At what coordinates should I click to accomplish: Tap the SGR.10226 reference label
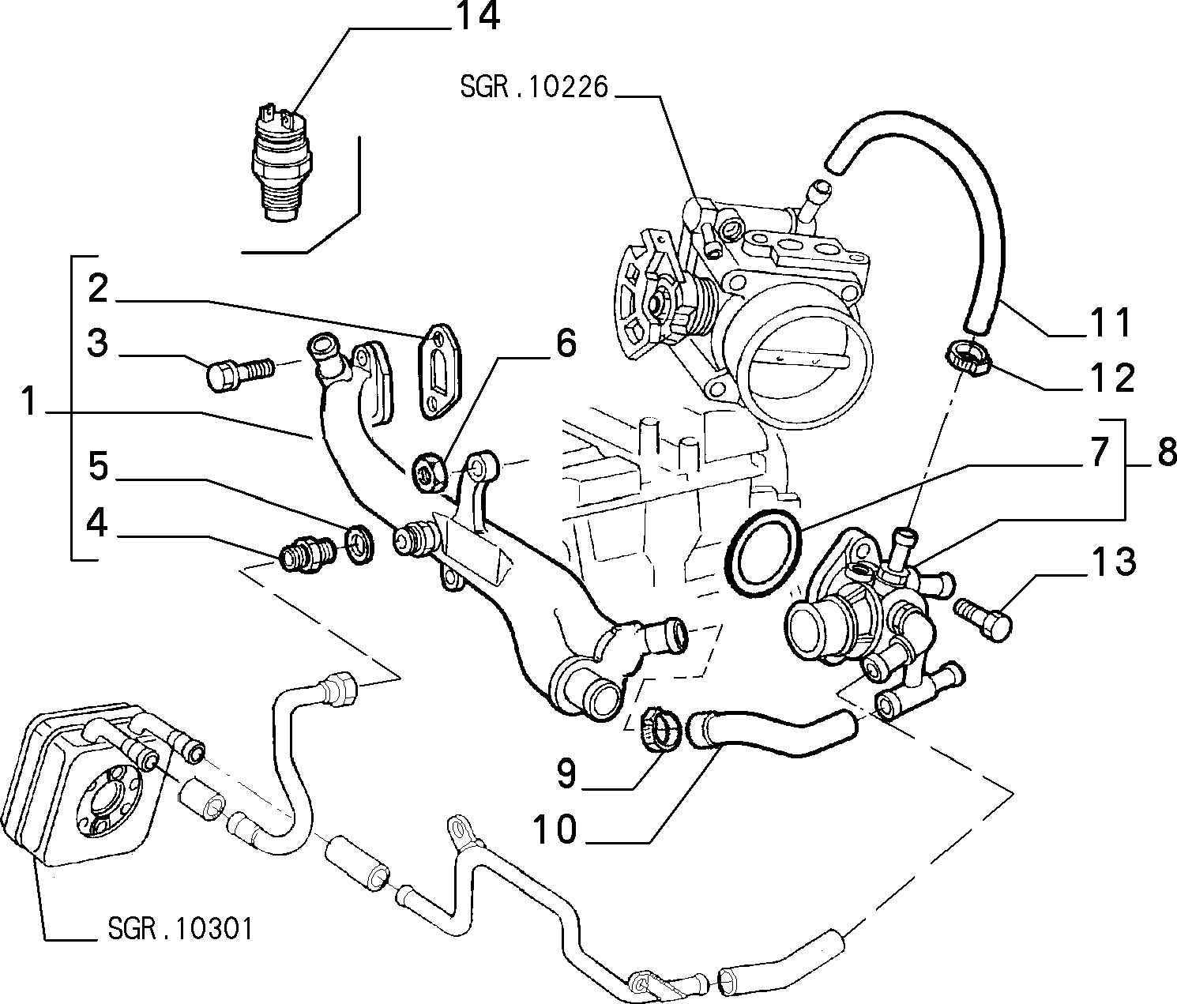tap(534, 88)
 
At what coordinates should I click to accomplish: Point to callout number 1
tap(28, 401)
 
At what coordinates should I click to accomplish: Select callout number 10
tap(555, 829)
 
